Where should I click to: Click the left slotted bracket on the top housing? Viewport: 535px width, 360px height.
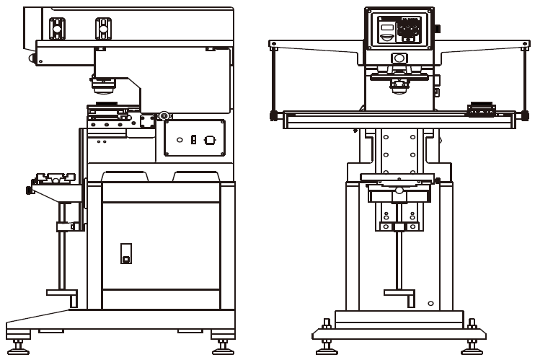[x=56, y=27]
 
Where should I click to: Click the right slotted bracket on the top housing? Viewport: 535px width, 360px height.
[x=102, y=27]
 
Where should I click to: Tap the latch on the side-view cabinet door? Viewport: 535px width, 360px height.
[x=125, y=253]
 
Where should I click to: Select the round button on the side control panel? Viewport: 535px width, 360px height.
[x=180, y=139]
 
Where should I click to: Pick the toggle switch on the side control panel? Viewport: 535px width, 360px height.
[x=193, y=139]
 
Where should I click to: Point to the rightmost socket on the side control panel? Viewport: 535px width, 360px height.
[x=210, y=139]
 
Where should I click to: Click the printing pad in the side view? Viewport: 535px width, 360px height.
[x=105, y=89]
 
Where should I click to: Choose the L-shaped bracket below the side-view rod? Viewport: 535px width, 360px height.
[x=63, y=294]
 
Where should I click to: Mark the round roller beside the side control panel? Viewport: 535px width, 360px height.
[x=165, y=115]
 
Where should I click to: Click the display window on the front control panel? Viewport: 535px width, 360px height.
[x=386, y=28]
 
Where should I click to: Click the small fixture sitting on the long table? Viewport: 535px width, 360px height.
[x=481, y=109]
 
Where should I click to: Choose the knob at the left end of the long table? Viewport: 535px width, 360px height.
[x=273, y=115]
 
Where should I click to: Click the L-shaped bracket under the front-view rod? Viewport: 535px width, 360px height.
[x=400, y=294]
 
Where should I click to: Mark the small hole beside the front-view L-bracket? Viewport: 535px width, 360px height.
[x=430, y=302]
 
